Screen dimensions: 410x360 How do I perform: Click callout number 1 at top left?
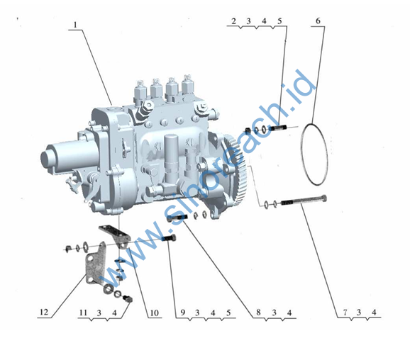tap(75, 25)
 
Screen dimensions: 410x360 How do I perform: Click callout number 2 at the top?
tap(233, 21)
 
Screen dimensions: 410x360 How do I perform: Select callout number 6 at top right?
tap(318, 21)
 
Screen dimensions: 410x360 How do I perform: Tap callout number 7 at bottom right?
tap(345, 313)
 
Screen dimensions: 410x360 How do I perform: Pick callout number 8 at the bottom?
tap(258, 313)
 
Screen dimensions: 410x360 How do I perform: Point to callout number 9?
tap(183, 313)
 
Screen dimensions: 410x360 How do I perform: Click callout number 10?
tap(154, 313)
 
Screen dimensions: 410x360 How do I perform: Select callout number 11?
tap(83, 313)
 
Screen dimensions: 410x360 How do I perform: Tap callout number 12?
tap(44, 312)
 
